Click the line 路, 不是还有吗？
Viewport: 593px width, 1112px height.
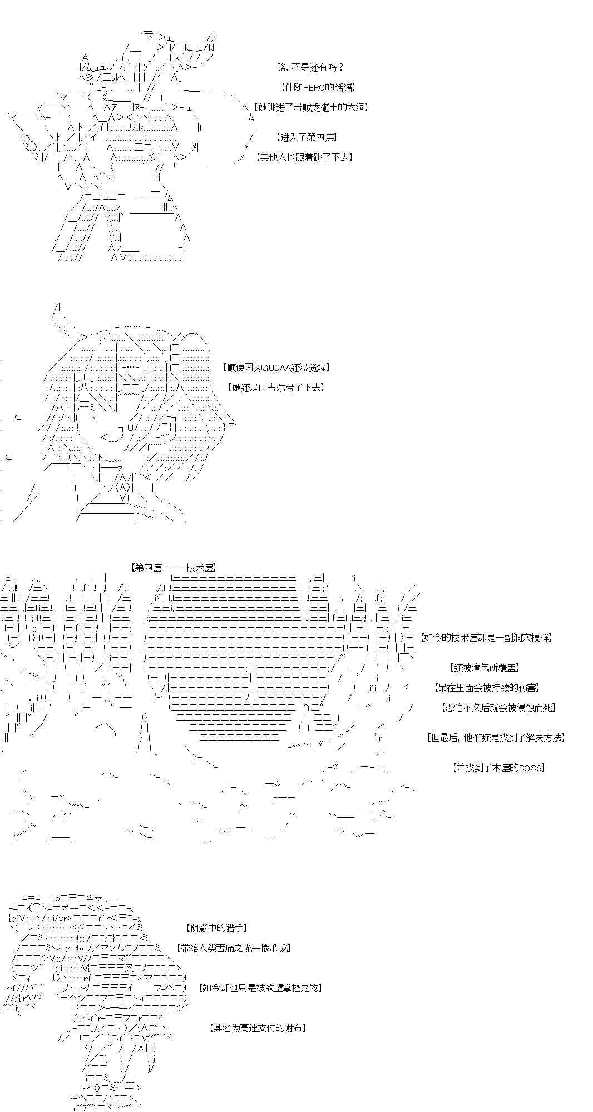pyautogui.click(x=310, y=67)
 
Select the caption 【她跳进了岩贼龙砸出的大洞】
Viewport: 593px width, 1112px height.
pyautogui.click(x=310, y=107)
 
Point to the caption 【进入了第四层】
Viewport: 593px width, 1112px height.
pyautogui.click(x=306, y=137)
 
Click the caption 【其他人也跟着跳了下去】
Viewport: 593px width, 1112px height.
pyautogui.click(x=304, y=157)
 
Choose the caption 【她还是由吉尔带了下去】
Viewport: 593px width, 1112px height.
pyautogui.click(x=275, y=388)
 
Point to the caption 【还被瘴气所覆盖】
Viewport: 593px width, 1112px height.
pyautogui.click(x=485, y=668)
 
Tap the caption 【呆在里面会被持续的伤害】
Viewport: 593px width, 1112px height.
pyautogui.click(x=487, y=688)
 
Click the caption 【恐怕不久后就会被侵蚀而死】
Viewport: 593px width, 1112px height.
pyautogui.click(x=498, y=708)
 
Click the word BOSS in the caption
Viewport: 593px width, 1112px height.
pyautogui.click(x=529, y=768)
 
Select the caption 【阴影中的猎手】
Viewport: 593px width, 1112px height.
pyautogui.click(x=215, y=928)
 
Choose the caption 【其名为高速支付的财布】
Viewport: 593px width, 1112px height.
pyautogui.click(x=258, y=1028)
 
